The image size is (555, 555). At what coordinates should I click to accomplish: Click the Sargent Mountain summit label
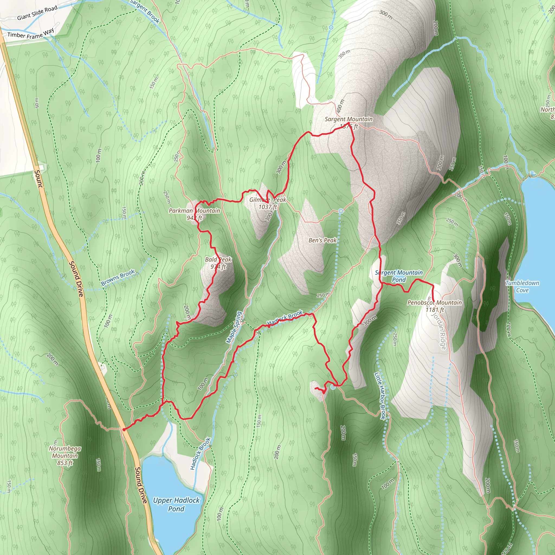tap(349, 119)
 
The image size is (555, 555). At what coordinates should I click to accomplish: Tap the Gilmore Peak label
tap(267, 200)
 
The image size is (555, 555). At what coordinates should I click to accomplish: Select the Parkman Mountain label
tap(194, 211)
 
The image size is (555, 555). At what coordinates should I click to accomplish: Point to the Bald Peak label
tap(218, 259)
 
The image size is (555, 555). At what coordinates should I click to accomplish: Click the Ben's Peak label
tap(322, 240)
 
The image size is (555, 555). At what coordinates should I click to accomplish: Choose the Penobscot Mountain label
tap(434, 302)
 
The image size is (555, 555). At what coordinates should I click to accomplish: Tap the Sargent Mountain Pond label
tap(399, 276)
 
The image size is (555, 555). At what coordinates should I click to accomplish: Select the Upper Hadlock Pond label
tap(176, 504)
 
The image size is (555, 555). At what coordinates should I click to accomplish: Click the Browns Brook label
tap(118, 277)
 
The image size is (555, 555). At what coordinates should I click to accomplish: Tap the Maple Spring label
tap(234, 327)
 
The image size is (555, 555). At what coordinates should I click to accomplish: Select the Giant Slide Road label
tap(37, 13)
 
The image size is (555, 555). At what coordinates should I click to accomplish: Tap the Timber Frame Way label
tap(30, 34)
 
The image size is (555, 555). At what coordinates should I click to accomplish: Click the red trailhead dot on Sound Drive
tap(124, 430)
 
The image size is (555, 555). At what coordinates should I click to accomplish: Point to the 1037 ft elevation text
tap(267, 207)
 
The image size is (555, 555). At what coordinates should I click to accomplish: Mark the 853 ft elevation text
tap(65, 463)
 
